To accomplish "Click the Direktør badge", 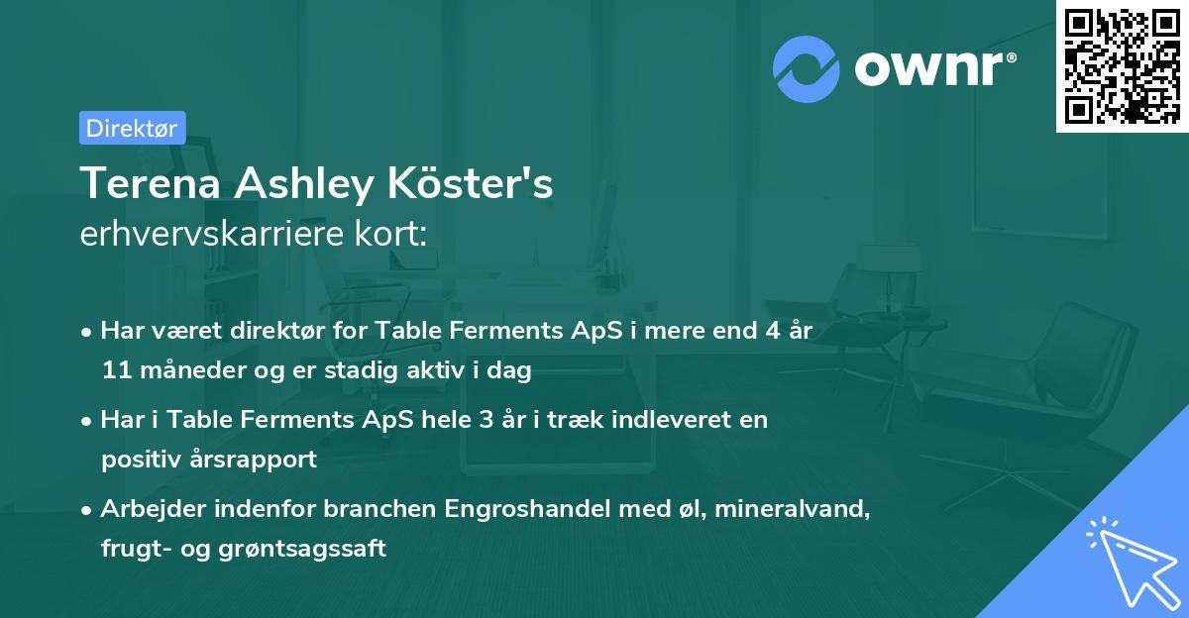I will point(132,128).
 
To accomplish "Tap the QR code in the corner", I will point(1122,65).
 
